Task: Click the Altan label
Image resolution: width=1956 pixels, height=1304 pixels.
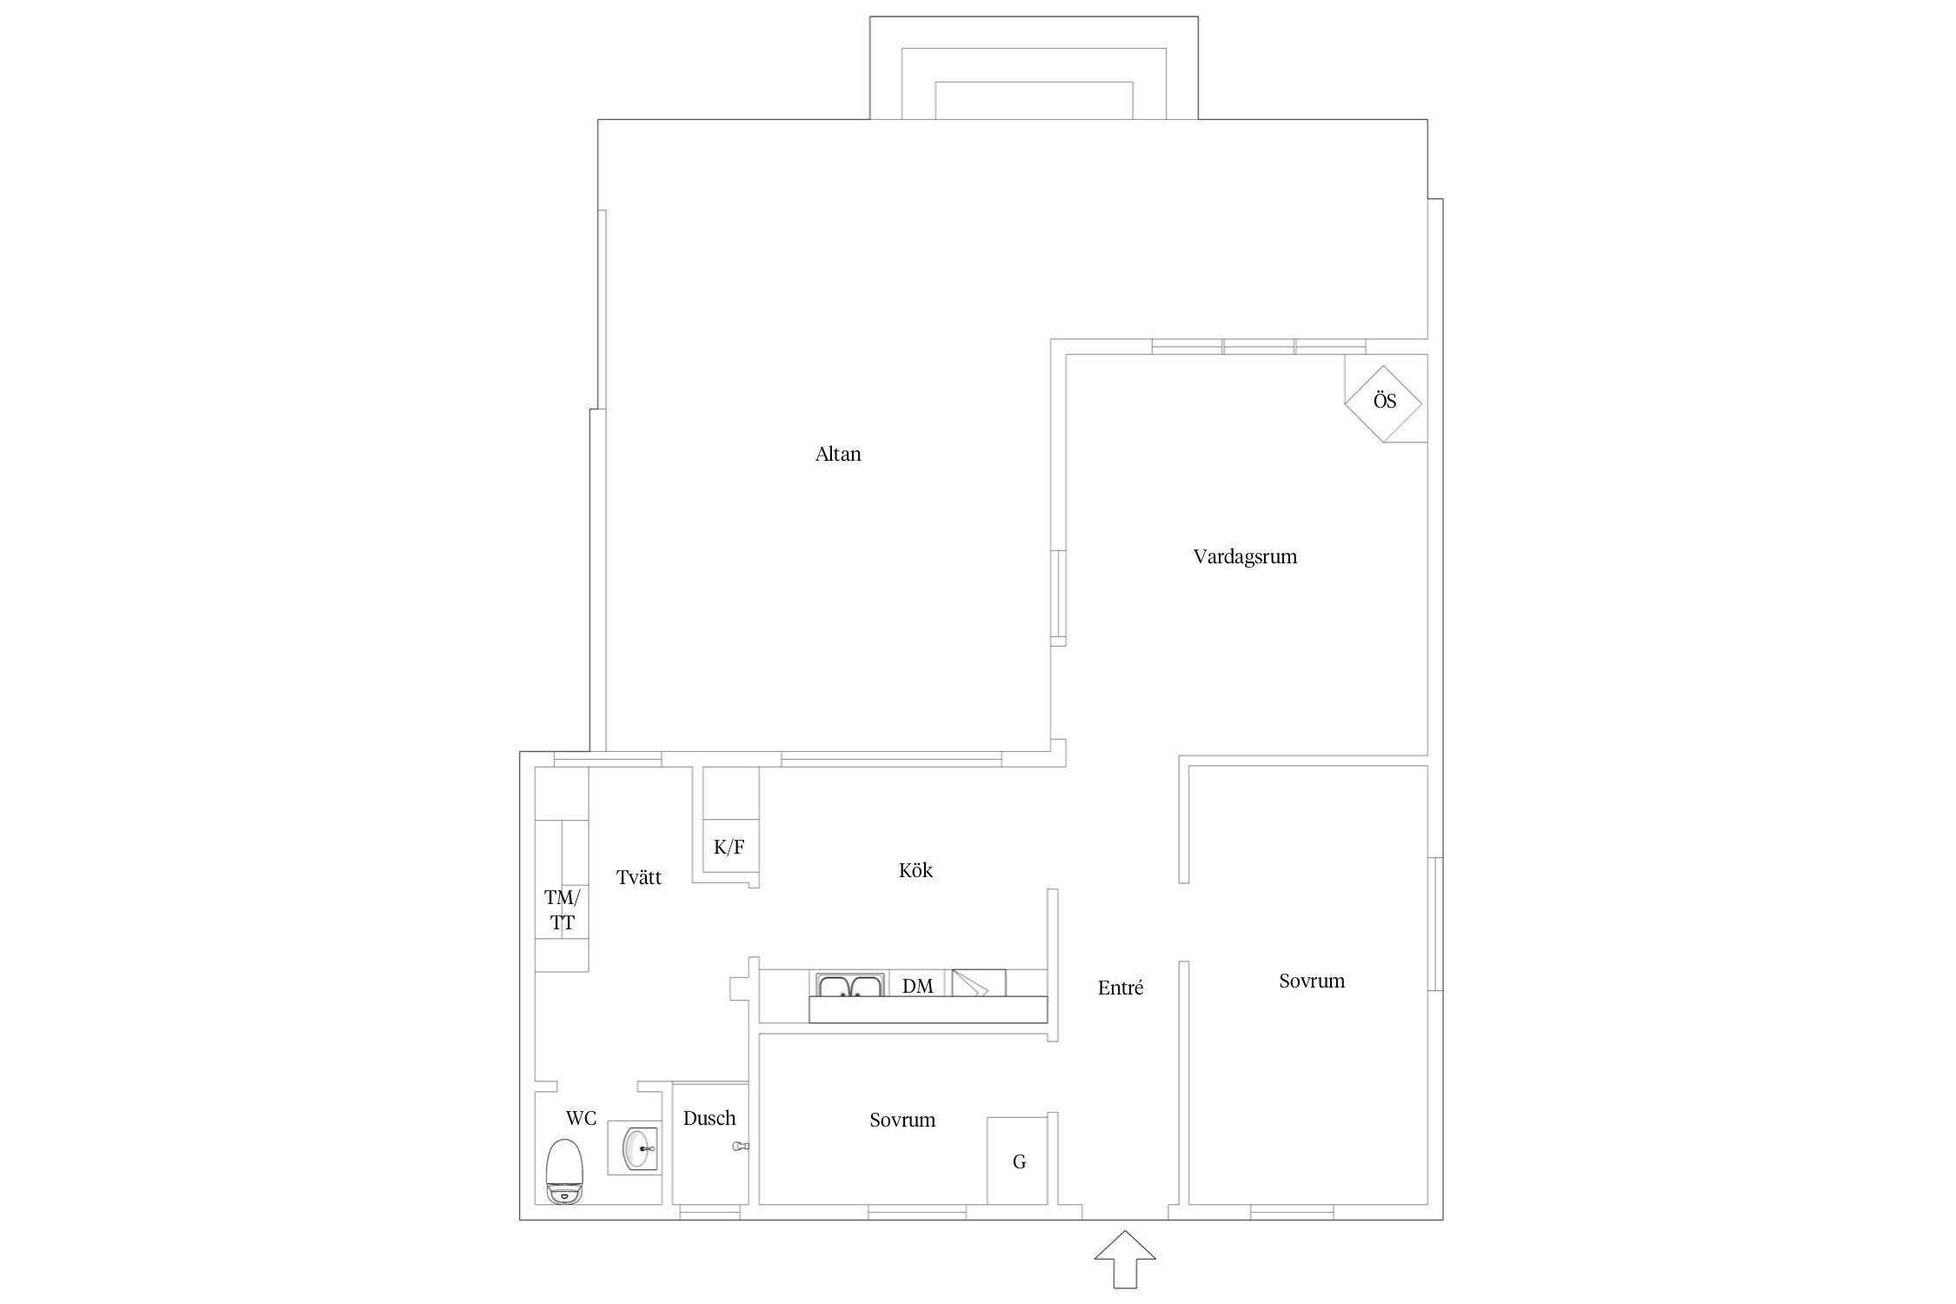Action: (x=838, y=454)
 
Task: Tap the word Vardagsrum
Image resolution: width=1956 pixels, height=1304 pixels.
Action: (x=1245, y=557)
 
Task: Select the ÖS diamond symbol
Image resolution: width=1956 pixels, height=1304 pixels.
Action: (x=1383, y=403)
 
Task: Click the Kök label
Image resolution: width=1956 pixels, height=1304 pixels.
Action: (x=915, y=870)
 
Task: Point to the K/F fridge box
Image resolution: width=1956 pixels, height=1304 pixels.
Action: (x=730, y=848)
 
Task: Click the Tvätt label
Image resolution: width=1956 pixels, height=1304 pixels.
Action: (x=639, y=878)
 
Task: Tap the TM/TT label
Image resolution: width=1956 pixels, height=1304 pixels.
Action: (x=562, y=910)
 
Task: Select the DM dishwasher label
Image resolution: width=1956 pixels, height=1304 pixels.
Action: (x=918, y=986)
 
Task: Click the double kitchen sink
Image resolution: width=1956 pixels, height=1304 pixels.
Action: (x=850, y=985)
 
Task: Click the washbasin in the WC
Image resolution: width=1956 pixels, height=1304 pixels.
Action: (x=641, y=1148)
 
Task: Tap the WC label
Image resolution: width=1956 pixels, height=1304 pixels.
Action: (x=581, y=1118)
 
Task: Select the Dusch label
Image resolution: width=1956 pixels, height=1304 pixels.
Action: (x=709, y=1119)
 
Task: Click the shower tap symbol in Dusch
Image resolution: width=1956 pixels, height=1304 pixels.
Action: (x=740, y=1147)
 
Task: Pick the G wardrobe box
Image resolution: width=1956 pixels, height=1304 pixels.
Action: (x=1017, y=1161)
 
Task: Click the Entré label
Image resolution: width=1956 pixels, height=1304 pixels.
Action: (x=1121, y=988)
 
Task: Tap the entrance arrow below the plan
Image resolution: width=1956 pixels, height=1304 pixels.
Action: (x=1125, y=1259)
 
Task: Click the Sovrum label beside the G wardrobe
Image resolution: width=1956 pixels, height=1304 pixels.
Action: (x=902, y=1121)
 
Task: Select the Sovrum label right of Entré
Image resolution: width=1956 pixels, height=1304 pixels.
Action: (x=1312, y=981)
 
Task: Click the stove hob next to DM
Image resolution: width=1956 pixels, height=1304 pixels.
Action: (x=979, y=983)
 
